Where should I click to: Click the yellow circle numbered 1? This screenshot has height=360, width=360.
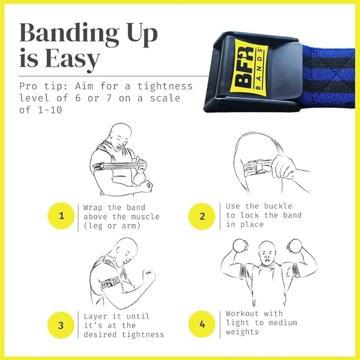pos(62,216)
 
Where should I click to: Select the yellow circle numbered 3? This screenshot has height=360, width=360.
pos(62,324)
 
